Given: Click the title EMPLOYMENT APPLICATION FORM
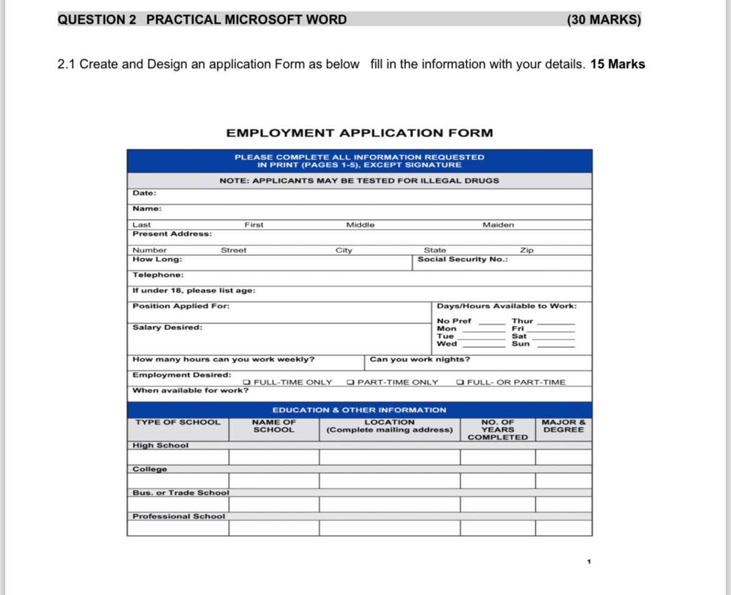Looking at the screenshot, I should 359,133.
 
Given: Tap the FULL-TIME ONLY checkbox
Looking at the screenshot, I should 247,382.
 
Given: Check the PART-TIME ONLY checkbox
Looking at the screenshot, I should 351,382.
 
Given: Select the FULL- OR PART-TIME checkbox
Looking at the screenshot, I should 460,382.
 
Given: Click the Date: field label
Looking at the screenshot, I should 144,194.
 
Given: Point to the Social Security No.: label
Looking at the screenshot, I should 462,259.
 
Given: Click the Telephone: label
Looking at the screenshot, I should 158,275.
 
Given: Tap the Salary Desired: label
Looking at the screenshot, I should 167,327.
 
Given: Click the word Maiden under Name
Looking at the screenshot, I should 498,225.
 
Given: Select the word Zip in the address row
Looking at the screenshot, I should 527,250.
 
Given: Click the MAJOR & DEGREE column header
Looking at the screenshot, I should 564,426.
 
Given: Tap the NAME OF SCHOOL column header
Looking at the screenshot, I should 274,426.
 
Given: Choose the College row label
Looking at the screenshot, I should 150,469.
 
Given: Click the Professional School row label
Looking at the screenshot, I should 179,516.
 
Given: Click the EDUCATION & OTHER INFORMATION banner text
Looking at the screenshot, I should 359,410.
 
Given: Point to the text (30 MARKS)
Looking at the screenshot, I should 604,20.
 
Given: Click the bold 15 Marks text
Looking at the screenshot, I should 617,64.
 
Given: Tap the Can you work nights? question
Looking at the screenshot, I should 420,360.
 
